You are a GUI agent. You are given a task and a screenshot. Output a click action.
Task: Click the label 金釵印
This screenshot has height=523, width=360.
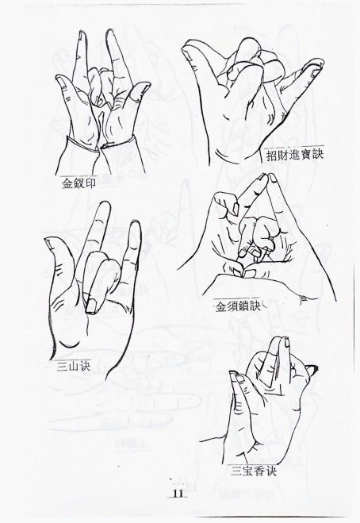(x=79, y=183)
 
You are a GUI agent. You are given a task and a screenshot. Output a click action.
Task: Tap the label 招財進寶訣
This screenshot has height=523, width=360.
(x=295, y=155)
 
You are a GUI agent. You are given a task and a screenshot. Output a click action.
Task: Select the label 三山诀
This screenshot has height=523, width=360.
(x=73, y=367)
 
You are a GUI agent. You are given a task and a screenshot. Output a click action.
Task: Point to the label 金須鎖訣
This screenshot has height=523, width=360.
(x=238, y=306)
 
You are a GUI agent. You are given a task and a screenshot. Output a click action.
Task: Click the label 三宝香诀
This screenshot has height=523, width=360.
(x=254, y=471)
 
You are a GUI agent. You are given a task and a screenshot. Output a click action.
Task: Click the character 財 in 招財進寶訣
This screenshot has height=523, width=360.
(x=283, y=156)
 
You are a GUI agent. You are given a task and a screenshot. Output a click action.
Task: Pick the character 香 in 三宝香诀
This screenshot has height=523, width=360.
(x=259, y=471)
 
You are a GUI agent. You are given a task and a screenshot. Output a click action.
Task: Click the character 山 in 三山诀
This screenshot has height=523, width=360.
(x=73, y=367)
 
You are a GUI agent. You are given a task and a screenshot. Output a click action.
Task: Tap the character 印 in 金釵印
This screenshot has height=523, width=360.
(x=90, y=183)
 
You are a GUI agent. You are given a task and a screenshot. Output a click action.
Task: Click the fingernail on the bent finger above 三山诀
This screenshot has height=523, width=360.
(x=90, y=306)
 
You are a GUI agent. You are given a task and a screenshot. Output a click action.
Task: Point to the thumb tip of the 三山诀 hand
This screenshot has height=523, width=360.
(x=49, y=242)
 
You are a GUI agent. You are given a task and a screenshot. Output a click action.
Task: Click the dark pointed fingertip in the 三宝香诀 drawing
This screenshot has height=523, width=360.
(x=312, y=369)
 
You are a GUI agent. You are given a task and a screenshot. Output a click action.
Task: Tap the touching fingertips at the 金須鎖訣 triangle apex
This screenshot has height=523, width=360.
(x=267, y=177)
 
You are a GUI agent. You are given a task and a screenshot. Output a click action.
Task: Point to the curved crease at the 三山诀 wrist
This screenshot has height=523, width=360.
(x=69, y=345)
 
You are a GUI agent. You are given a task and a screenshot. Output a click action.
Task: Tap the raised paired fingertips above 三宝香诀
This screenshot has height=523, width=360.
(x=281, y=341)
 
